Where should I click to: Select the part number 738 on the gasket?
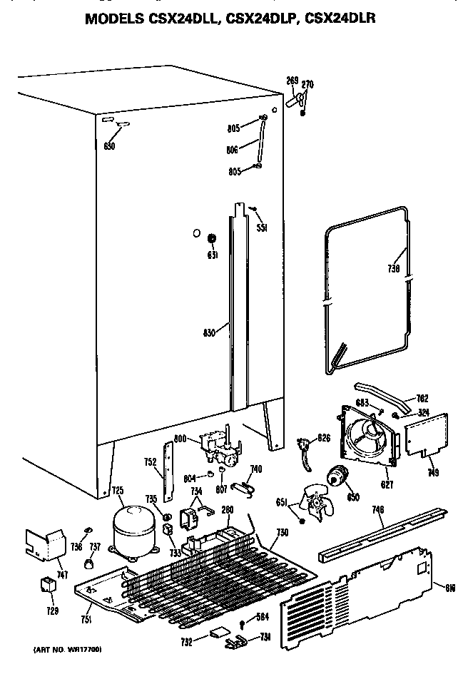pos(393,270)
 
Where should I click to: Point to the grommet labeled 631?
pos(211,238)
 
